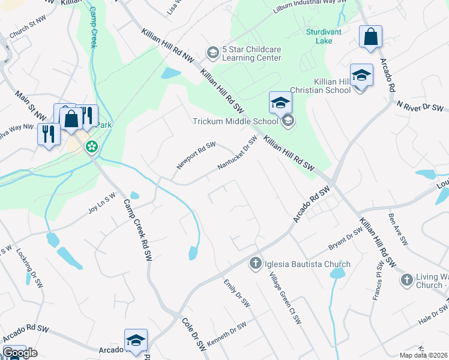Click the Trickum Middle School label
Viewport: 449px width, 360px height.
235,121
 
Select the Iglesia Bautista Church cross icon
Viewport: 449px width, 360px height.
255,263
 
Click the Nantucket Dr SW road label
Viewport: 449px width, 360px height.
237,153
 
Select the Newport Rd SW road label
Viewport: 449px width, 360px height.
196,155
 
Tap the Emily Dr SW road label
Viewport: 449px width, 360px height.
236,293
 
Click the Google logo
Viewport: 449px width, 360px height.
19,353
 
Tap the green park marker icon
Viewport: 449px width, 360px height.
92,146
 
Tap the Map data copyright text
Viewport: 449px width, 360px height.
423,355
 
